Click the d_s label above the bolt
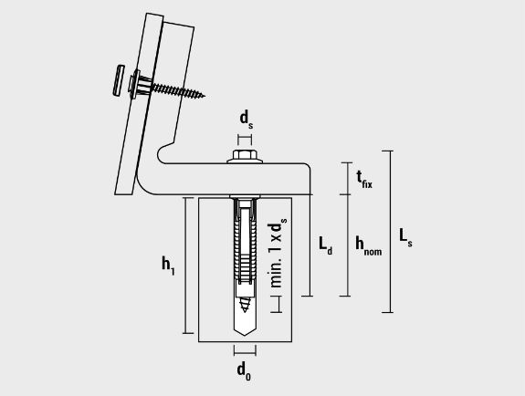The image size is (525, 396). pyautogui.click(x=247, y=120)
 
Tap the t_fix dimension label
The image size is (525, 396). pyautogui.click(x=364, y=180)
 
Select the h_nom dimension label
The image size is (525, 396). pyautogui.click(x=368, y=246)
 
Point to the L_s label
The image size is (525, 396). pyautogui.click(x=405, y=237)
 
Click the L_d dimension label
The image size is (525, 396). pyautogui.click(x=325, y=246)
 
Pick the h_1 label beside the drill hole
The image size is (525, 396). pyautogui.click(x=168, y=266)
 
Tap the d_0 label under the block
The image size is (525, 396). pyautogui.click(x=244, y=370)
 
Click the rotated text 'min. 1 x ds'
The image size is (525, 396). pyautogui.click(x=277, y=253)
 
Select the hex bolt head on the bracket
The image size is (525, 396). pyautogui.click(x=245, y=155)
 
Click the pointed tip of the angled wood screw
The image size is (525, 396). pyautogui.click(x=205, y=96)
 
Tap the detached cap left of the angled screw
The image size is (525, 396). pyautogui.click(x=118, y=80)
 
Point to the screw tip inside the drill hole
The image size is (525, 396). pyautogui.click(x=245, y=310)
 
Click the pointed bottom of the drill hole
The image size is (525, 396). pyautogui.click(x=245, y=335)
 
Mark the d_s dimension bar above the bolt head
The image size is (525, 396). pyautogui.click(x=245, y=140)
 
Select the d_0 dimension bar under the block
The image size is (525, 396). pyautogui.click(x=245, y=350)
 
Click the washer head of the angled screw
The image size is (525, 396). pyautogui.click(x=134, y=84)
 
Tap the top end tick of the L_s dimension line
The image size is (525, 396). pyautogui.click(x=387, y=151)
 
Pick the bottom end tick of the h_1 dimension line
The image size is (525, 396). pyautogui.click(x=188, y=333)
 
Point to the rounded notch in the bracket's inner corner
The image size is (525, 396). pyautogui.click(x=162, y=154)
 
